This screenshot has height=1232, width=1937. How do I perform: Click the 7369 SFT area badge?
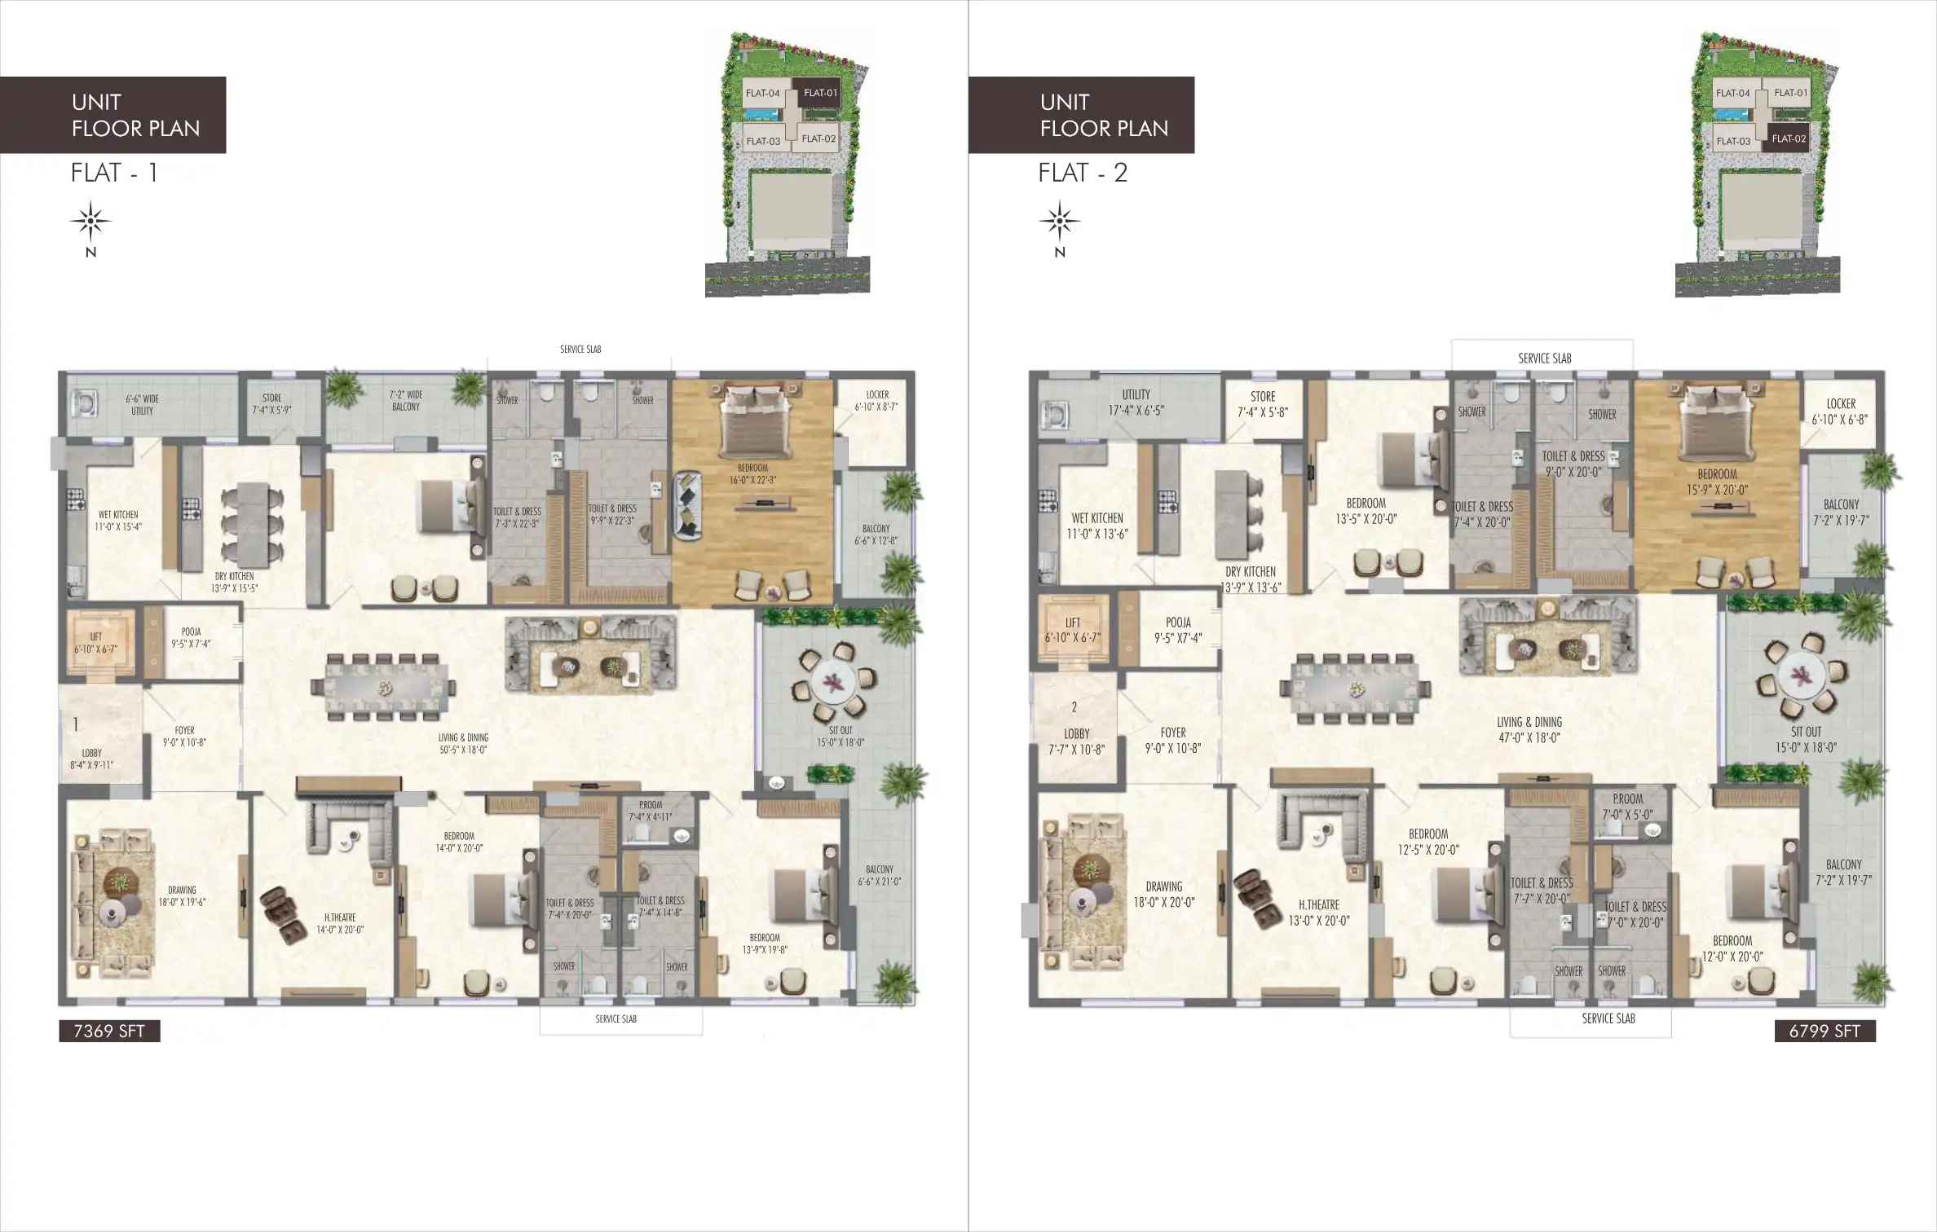(x=109, y=1031)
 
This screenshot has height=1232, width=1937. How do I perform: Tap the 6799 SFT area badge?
(x=1824, y=1031)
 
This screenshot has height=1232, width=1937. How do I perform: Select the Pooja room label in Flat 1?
(x=191, y=637)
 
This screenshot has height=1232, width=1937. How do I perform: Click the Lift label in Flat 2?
(x=1072, y=630)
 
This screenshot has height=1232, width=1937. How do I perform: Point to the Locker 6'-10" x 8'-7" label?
(x=876, y=400)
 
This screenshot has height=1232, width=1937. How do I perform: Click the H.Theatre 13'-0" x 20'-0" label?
(x=1318, y=913)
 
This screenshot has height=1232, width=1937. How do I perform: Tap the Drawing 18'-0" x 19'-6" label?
(x=182, y=896)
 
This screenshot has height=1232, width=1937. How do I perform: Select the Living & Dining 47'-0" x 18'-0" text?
(x=1529, y=729)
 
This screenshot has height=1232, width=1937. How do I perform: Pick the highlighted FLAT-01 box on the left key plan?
(x=820, y=93)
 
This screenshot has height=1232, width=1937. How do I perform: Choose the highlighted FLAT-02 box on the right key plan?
(x=1788, y=139)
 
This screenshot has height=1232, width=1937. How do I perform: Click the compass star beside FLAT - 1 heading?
(x=90, y=221)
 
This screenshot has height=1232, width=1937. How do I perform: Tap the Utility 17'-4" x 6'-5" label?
(x=1136, y=403)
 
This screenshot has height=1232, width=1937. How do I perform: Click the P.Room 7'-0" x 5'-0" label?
(x=1627, y=807)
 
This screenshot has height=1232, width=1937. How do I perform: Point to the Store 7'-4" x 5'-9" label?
(x=271, y=404)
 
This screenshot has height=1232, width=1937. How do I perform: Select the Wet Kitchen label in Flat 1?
(x=118, y=521)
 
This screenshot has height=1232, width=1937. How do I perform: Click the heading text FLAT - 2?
(x=1082, y=173)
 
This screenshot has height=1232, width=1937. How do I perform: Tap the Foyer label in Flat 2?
(x=1172, y=740)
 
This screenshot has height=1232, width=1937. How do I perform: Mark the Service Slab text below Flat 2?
(x=1608, y=1019)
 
